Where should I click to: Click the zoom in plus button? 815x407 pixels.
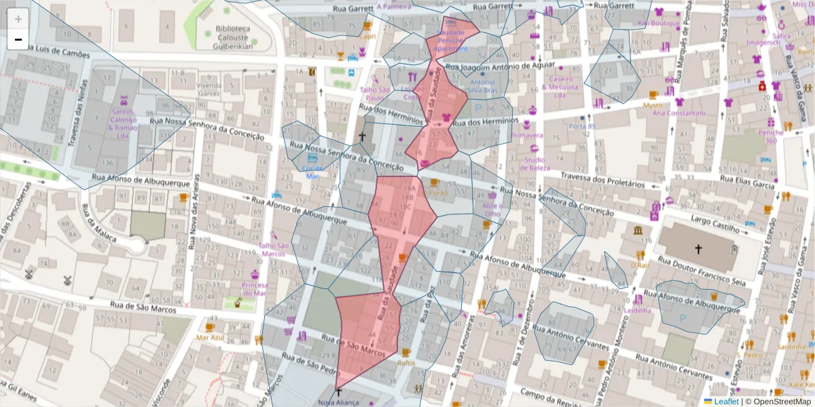[18, 19]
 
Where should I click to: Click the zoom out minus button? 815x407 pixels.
[18, 39]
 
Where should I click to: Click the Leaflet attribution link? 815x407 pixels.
[725, 402]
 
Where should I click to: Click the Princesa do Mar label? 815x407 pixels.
[255, 290]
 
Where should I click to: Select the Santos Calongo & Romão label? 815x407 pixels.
[123, 123]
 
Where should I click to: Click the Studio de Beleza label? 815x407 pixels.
[536, 163]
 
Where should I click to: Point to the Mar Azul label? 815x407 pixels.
[210, 336]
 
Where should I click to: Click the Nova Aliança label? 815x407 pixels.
[338, 403]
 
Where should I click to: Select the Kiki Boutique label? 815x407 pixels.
[658, 22]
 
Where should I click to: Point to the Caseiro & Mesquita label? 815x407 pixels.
[562, 87]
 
